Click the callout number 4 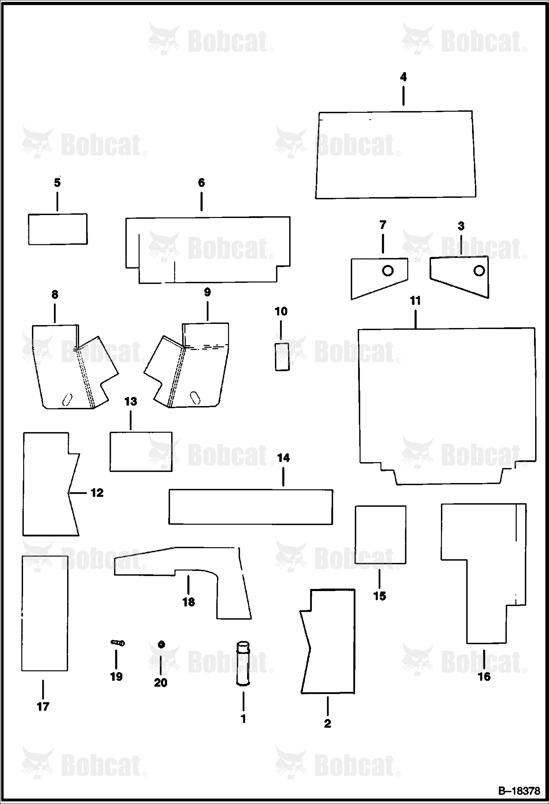click(403, 77)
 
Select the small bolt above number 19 click(118, 642)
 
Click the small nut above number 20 click(160, 644)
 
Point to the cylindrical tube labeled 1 click(243, 662)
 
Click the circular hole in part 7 click(388, 270)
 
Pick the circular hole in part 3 click(479, 270)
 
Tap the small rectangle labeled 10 click(282, 357)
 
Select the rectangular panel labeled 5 click(58, 229)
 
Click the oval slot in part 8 click(67, 399)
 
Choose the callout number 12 click(97, 493)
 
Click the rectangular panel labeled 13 click(141, 451)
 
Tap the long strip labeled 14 click(251, 507)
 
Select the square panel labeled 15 click(380, 535)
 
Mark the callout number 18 click(188, 602)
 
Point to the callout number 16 click(484, 676)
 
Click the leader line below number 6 click(201, 201)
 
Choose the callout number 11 click(415, 301)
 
